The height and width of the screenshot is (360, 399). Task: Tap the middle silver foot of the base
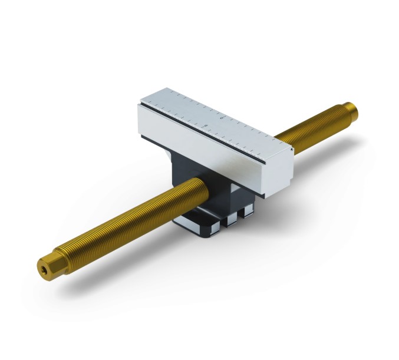click(230, 217)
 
